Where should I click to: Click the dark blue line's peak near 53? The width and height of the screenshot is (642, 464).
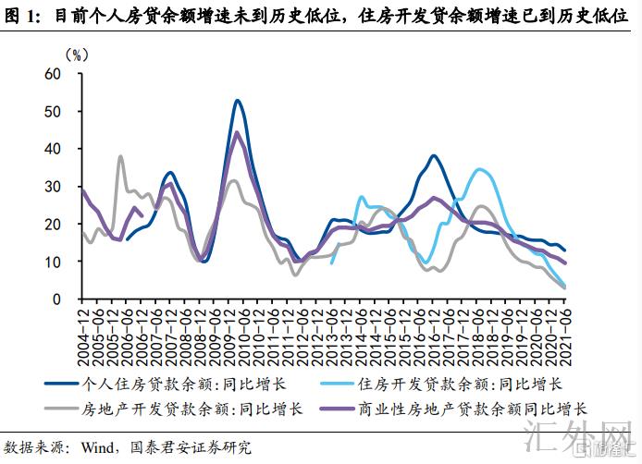[238, 100]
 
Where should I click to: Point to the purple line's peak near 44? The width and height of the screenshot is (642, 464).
[237, 132]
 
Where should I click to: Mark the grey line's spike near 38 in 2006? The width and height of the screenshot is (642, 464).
[120, 156]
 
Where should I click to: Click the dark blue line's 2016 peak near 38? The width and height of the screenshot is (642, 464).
[433, 155]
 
